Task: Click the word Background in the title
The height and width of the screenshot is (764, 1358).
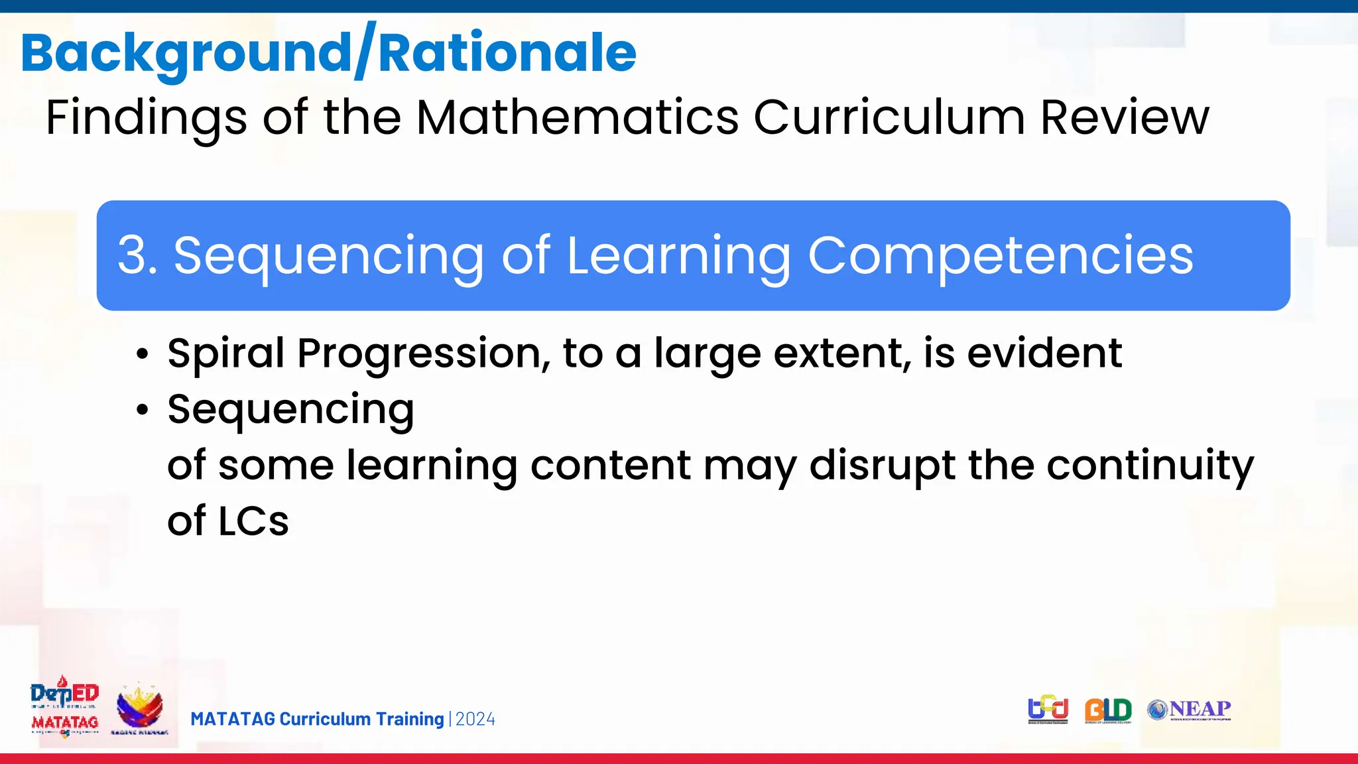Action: point(186,53)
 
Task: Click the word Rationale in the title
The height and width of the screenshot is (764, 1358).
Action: point(507,53)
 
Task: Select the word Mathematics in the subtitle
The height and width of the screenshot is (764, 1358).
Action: point(577,117)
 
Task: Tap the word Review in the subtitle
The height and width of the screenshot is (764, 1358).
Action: point(1125,117)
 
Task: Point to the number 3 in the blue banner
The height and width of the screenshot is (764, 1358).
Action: point(131,255)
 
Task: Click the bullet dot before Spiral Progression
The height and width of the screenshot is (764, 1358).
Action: point(142,355)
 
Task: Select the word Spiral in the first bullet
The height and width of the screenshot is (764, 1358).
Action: point(226,353)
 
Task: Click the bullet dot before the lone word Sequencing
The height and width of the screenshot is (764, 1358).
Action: point(142,411)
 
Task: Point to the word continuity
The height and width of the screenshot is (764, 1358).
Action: point(1150,466)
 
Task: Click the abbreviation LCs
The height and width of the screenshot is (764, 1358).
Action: point(253,521)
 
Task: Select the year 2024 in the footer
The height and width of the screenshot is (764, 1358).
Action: point(475,720)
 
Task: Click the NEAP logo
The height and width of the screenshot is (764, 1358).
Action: point(1190,710)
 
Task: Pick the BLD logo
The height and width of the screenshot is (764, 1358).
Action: point(1108,710)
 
